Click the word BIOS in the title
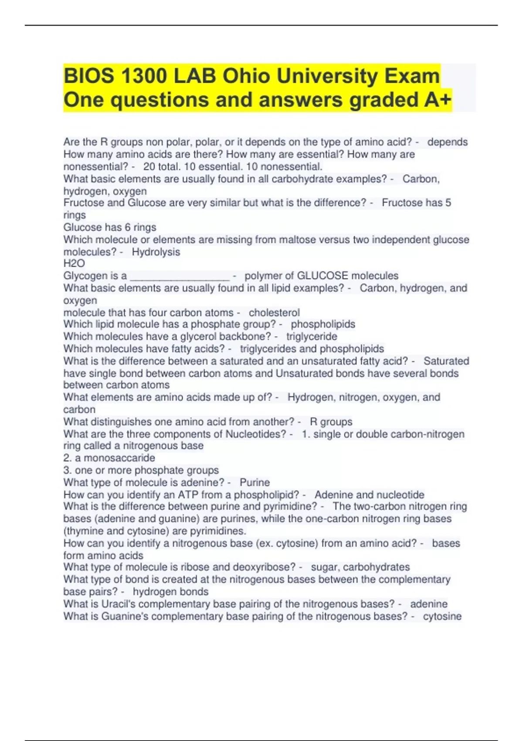point(88,76)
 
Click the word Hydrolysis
point(156,252)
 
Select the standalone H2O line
point(74,263)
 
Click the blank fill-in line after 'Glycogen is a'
point(180,276)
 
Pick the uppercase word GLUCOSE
point(322,276)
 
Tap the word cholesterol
point(274,313)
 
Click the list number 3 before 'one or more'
point(67,470)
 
